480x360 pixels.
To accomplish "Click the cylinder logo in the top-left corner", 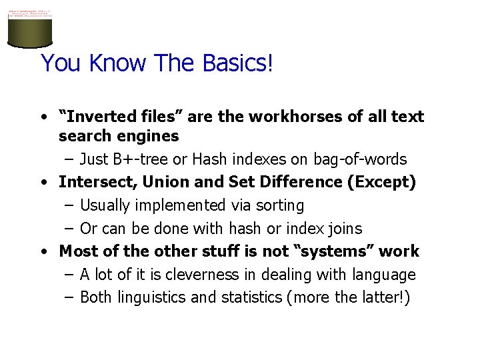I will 29,29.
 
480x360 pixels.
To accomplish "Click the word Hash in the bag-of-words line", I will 208,159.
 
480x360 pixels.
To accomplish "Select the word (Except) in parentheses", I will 381,182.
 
